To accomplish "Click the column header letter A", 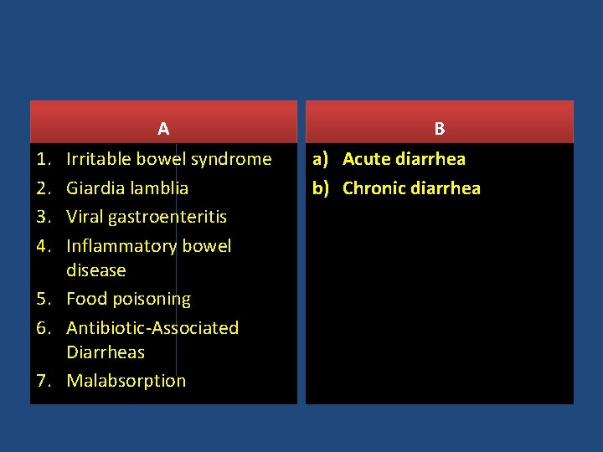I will click(x=163, y=129).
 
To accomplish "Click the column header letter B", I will click(x=440, y=129).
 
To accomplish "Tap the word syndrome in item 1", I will click(x=231, y=159).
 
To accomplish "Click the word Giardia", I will click(x=94, y=188).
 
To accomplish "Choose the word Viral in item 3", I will click(x=85, y=217).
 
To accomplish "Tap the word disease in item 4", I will click(x=96, y=270).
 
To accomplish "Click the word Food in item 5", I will click(x=85, y=299).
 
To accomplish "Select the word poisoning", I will click(x=151, y=300).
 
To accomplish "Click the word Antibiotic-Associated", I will click(x=152, y=328).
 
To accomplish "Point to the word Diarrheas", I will click(x=106, y=352).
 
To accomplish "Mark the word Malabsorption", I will click(x=126, y=381).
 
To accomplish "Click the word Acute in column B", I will click(x=367, y=159).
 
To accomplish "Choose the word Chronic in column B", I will click(x=374, y=188).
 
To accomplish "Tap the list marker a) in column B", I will click(x=323, y=159).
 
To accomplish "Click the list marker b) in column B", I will click(x=323, y=188).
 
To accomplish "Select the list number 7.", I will click(x=44, y=381).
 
